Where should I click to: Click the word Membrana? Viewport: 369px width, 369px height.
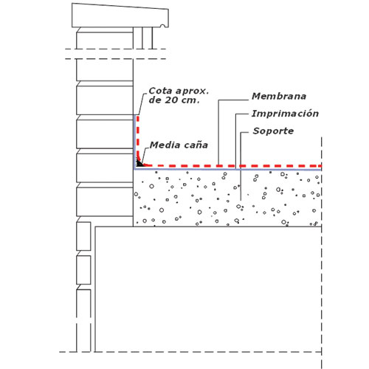pos(279,96)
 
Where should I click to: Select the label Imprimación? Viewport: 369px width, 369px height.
pos(285,114)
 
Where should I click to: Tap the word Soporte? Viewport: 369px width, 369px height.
pos(273,131)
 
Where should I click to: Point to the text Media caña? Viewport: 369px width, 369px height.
pos(179,145)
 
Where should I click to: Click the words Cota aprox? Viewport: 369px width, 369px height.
pos(179,91)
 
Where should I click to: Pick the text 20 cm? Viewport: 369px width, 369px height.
pos(182,100)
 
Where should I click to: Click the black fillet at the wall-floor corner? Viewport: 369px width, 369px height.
pos(139,163)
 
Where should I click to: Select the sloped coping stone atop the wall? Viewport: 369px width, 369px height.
pos(120,16)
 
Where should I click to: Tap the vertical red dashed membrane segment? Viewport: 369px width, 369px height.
pos(138,138)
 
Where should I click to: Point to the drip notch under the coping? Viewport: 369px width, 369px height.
pos(162,26)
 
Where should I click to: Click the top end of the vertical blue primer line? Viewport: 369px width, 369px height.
pos(135,115)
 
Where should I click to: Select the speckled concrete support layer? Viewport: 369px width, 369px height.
pos(227,198)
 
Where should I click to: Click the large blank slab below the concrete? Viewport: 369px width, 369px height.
pos(208,289)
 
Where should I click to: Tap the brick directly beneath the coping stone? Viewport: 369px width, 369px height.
pos(105,38)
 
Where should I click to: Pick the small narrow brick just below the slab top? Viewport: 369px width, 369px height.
pos(83,236)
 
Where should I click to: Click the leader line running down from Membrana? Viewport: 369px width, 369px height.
pos(218,133)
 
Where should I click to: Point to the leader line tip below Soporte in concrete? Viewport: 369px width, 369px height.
pos(241,200)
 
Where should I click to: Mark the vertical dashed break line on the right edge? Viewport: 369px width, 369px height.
pos(322,253)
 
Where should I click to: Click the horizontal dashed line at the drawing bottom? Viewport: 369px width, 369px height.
pos(190,352)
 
